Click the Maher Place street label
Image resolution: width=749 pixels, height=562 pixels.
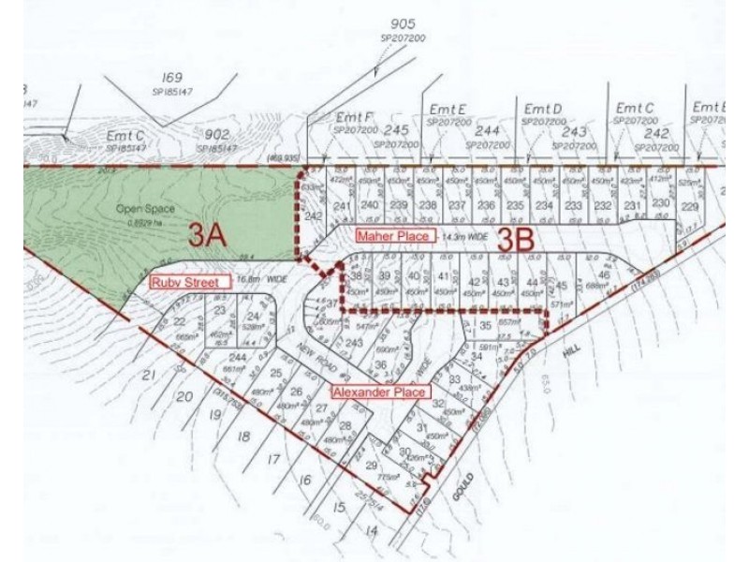(x=393, y=237)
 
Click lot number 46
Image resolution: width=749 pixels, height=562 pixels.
(x=604, y=275)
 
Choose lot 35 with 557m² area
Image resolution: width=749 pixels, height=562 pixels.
(x=485, y=325)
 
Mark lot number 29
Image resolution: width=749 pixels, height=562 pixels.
(x=371, y=466)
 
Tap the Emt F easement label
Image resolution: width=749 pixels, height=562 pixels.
(x=354, y=117)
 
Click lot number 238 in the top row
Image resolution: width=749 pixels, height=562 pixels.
(x=429, y=206)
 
